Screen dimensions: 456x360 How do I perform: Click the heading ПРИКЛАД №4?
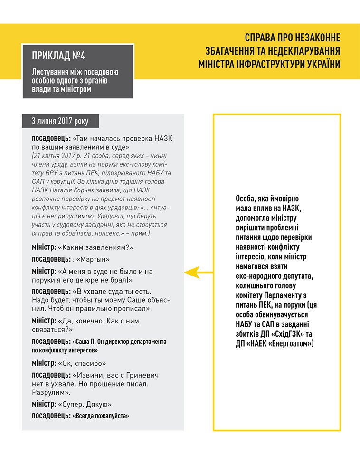pyautogui.click(x=58, y=56)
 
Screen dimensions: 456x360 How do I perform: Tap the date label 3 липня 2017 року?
pyautogui.click(x=60, y=121)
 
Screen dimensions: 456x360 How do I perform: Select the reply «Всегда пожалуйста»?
pyautogui.click(x=101, y=416)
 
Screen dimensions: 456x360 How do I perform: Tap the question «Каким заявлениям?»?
pyautogui.click(x=95, y=247)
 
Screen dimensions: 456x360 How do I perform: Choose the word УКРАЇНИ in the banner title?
pyautogui.click(x=322, y=65)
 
